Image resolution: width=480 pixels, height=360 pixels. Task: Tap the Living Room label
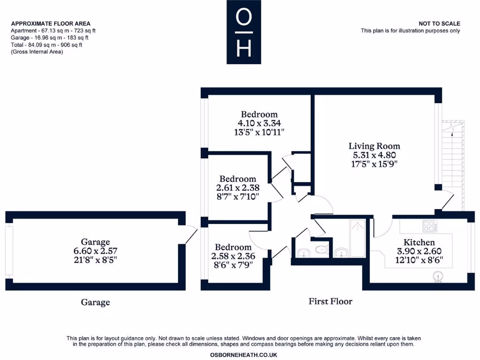point(374,146)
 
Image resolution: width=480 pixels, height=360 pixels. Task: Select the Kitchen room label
point(419,242)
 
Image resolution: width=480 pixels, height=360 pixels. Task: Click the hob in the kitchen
point(429,226)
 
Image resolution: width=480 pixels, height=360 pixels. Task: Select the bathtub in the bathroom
point(358,239)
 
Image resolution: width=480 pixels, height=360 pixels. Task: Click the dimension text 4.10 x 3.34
point(259,123)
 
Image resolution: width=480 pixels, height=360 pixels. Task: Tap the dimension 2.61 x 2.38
point(238,187)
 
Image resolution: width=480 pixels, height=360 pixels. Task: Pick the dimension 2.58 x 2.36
point(233,256)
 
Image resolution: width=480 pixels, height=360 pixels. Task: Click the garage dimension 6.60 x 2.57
point(95,251)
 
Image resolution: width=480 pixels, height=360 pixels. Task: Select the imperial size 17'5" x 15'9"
point(374,164)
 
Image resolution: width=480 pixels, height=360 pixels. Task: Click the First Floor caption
point(330,301)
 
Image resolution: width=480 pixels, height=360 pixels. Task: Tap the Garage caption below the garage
point(95,302)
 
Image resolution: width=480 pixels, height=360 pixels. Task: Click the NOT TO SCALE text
point(439,23)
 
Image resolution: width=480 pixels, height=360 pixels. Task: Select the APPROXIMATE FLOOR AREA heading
point(51,23)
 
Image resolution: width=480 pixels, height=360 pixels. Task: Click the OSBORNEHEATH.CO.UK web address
point(243,355)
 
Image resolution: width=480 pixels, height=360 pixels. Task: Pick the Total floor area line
point(46,45)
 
